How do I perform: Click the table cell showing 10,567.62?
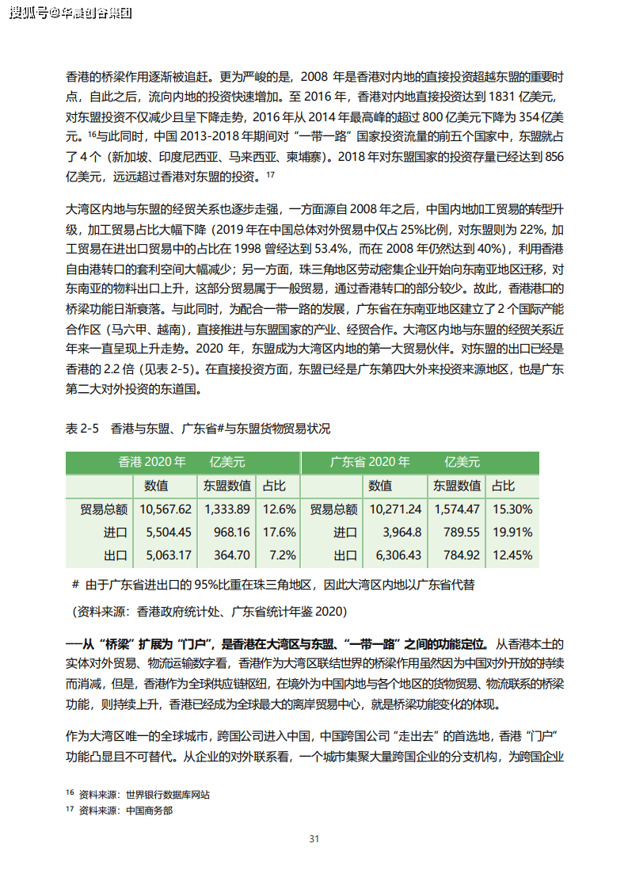point(166,509)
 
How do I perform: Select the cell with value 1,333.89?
point(226,509)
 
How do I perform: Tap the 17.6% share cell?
point(279,532)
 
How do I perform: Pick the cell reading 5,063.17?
point(166,555)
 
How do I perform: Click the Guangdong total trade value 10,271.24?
point(395,509)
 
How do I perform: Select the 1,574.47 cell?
point(456,509)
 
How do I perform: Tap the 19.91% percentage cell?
point(512,532)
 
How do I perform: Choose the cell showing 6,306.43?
point(395,555)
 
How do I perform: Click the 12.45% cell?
point(512,555)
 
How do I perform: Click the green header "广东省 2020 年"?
point(370,462)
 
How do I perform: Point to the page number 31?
point(314,838)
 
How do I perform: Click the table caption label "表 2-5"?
point(82,429)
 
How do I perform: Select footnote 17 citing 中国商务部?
point(119,810)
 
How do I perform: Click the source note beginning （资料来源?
point(209,612)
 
